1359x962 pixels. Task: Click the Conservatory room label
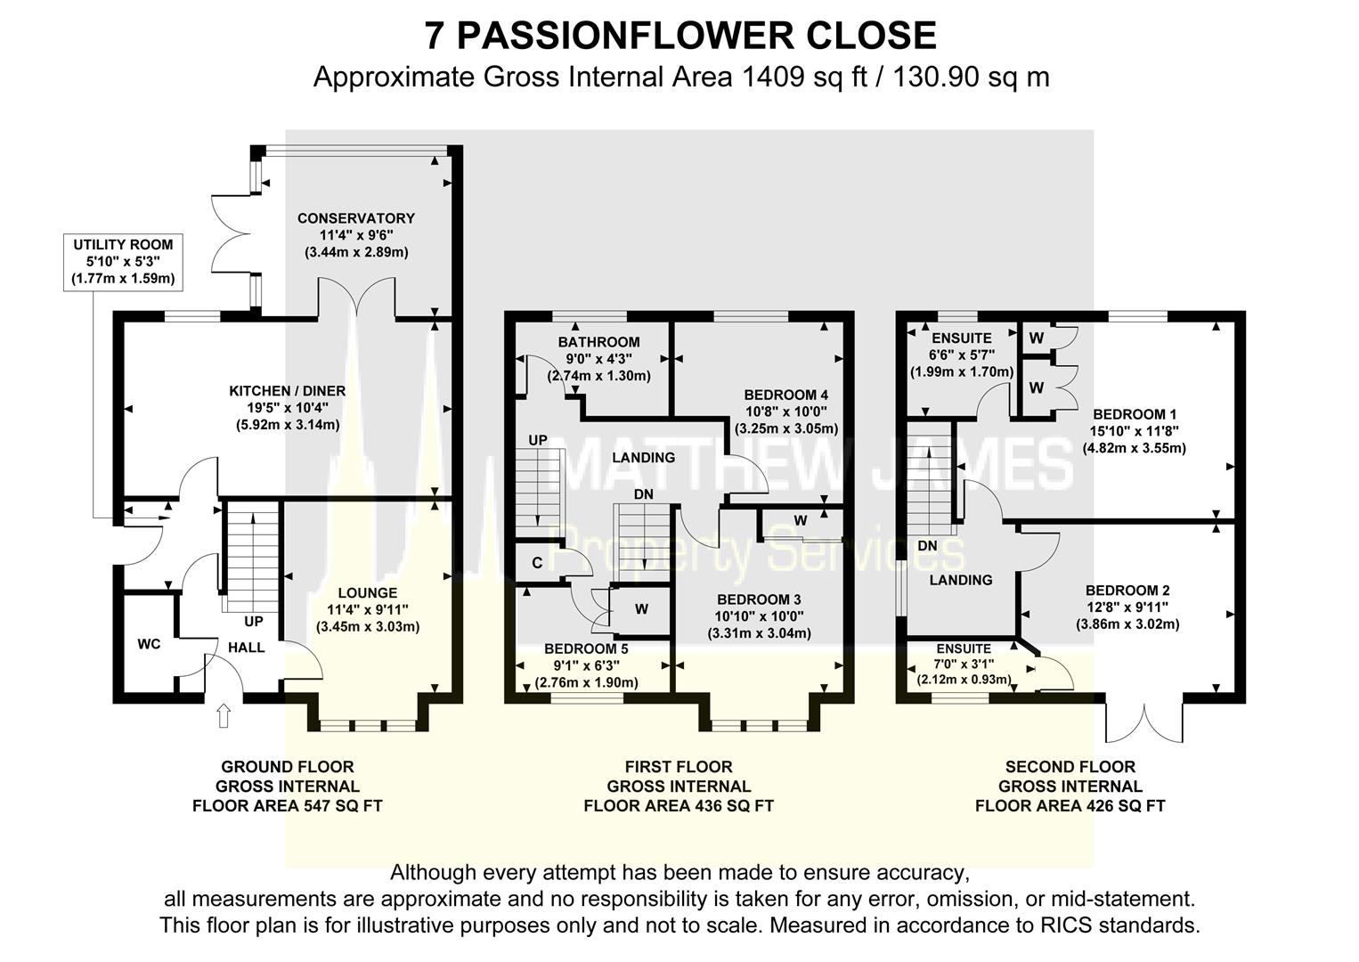[x=355, y=218]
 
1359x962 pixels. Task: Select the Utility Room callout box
[x=123, y=262]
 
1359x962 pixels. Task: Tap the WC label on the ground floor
[x=149, y=644]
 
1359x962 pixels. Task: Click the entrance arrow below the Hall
[x=224, y=716]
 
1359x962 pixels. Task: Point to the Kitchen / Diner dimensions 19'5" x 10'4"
[x=287, y=408]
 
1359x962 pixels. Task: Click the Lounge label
[x=367, y=593]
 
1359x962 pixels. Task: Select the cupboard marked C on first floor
[x=537, y=563]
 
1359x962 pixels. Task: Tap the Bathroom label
[x=598, y=342]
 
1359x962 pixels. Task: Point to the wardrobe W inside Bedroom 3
[x=800, y=521]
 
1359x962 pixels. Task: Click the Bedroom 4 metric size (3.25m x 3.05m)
[x=786, y=428]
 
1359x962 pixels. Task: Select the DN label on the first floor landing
[x=644, y=494]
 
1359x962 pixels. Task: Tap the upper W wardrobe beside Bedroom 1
[x=1036, y=338]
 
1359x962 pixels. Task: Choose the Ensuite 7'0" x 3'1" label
[x=964, y=664]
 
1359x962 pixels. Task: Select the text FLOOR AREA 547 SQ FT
[x=288, y=806]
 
